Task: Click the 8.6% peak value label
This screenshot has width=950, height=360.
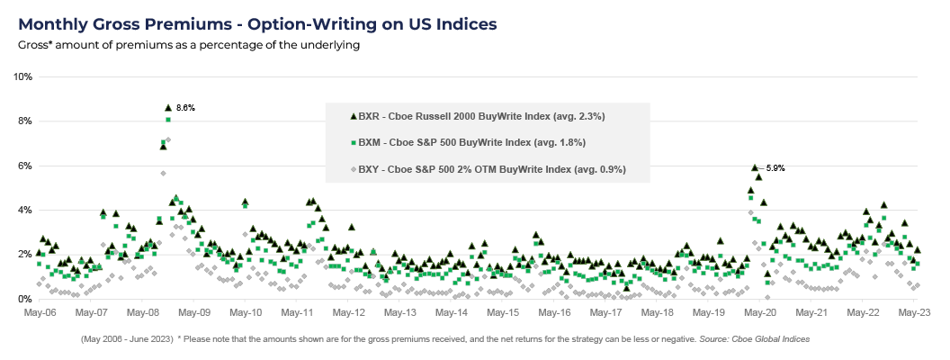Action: tap(185, 108)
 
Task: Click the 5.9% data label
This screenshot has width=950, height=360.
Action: tap(775, 167)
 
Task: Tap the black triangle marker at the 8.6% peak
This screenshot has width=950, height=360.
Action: tap(168, 107)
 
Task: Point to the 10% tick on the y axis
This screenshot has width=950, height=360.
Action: tap(22, 77)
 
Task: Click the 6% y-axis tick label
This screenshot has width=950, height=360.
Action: tap(24, 166)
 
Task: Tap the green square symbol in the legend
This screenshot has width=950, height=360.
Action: tap(352, 142)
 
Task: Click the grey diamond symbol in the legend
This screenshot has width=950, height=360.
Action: tap(352, 168)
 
